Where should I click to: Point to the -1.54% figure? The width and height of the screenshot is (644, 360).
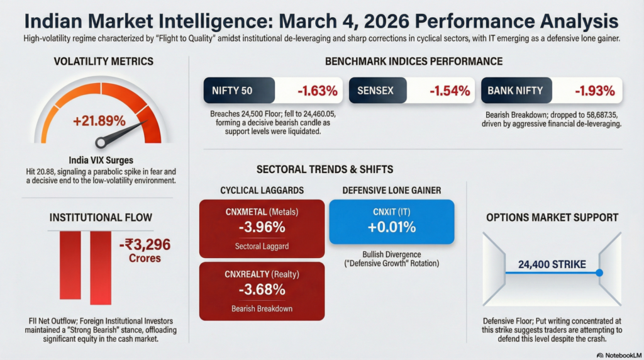[449, 91]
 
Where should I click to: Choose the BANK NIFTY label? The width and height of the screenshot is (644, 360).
[515, 91]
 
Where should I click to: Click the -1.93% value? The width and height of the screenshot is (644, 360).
[594, 91]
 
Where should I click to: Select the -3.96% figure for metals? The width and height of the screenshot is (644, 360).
[262, 227]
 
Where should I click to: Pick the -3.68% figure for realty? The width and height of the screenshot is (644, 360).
[262, 290]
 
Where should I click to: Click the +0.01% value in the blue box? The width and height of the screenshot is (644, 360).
[392, 227]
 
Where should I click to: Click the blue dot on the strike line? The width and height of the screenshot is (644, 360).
[599, 273]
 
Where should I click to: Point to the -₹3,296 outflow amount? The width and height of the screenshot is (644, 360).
[144, 245]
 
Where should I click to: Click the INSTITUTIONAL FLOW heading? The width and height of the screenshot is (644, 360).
[101, 218]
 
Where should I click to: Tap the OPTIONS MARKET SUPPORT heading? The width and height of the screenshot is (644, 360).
[552, 218]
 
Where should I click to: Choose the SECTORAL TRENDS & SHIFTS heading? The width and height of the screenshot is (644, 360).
[325, 169]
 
